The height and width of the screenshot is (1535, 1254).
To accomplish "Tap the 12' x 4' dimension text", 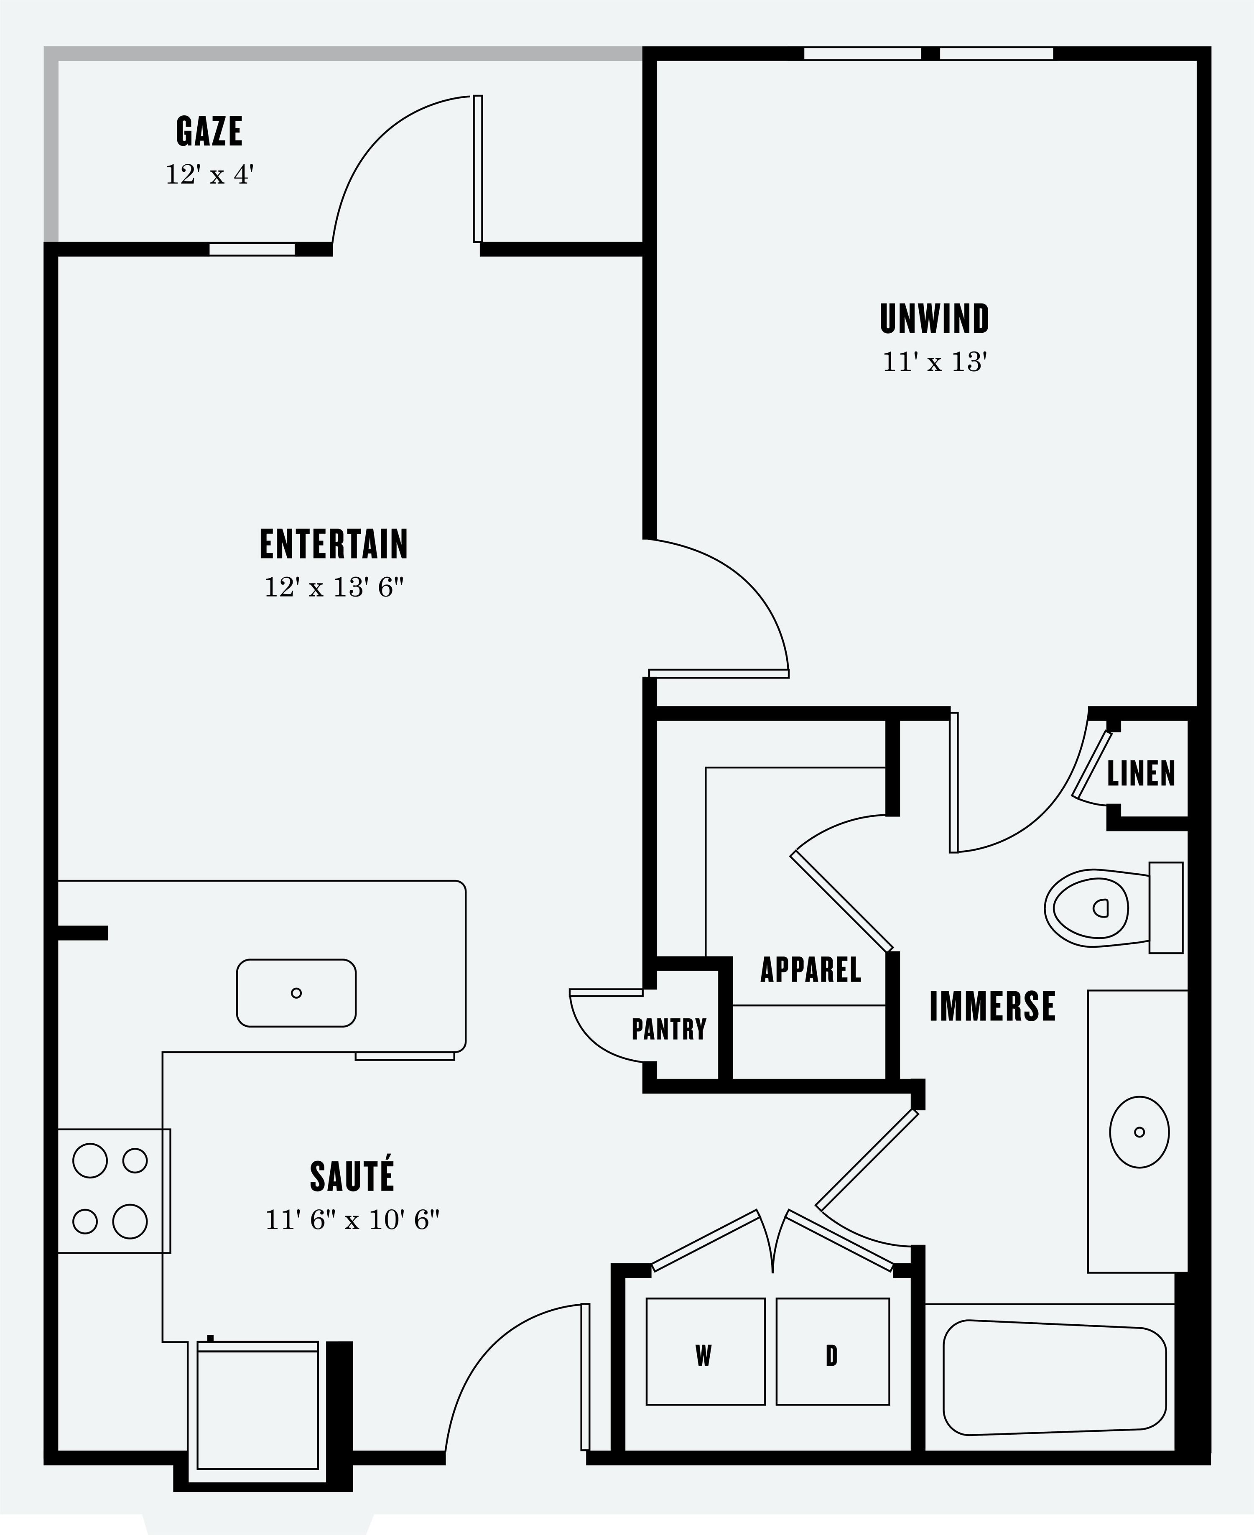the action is pyautogui.click(x=209, y=175).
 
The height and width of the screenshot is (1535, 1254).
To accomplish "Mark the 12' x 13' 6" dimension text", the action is pyautogui.click(x=334, y=588).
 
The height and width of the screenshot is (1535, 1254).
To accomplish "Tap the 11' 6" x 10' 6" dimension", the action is pyautogui.click(x=352, y=1220).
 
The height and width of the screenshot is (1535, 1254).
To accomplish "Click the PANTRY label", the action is pyautogui.click(x=669, y=1029).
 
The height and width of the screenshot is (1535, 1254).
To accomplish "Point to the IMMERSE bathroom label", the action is pyautogui.click(x=992, y=1006).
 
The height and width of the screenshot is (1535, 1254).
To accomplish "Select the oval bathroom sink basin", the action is pyautogui.click(x=1139, y=1132).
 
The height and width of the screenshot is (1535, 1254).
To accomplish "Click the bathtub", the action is pyautogui.click(x=1055, y=1377).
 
